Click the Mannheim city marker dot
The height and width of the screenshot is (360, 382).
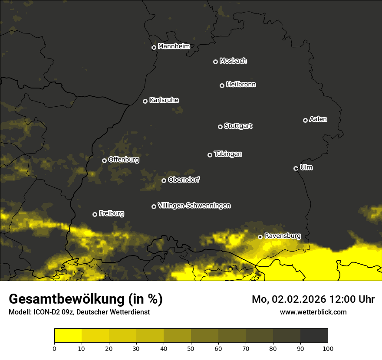point(154,48)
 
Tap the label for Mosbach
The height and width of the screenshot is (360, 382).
point(233,61)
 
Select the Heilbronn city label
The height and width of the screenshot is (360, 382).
point(241,85)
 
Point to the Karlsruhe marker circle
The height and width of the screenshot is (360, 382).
point(145,101)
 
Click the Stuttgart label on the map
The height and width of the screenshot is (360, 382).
point(238,126)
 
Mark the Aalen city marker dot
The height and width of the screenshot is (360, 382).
point(305,120)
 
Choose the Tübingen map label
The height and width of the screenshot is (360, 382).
point(228,154)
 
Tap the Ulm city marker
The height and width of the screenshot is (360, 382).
point(296,168)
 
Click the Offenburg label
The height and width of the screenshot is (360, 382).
point(124,160)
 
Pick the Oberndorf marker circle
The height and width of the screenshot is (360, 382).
point(164,180)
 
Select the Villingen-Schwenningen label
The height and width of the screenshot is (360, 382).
point(194,206)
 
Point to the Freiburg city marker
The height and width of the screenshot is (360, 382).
point(95,214)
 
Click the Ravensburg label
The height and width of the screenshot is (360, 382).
point(283,236)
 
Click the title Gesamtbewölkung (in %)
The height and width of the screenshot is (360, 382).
point(86,299)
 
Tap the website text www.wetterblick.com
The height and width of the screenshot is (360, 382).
point(313,312)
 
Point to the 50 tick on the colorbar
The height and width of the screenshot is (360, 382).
point(191,348)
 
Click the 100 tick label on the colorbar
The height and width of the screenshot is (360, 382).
point(328,348)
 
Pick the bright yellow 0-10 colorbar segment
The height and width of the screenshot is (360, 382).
point(68,336)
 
